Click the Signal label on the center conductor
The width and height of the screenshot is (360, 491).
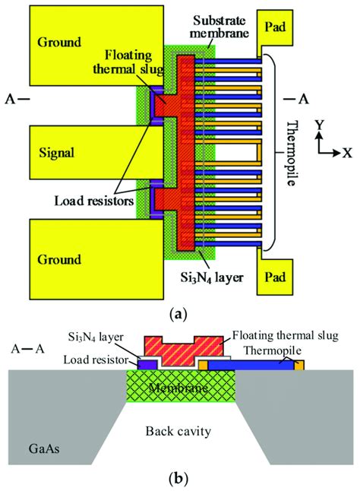point(57,153)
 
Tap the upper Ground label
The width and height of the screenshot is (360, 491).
point(59,42)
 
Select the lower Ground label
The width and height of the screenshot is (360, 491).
point(59,260)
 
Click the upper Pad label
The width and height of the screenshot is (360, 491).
point(275,27)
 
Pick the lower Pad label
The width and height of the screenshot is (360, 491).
point(275,277)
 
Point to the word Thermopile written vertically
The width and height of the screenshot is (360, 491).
point(292,154)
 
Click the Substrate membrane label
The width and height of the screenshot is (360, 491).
point(219,27)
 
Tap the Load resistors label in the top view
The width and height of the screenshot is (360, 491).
point(94,201)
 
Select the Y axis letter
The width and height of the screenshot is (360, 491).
point(319,125)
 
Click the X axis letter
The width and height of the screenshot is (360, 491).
point(347,153)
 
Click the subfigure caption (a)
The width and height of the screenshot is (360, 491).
point(178,313)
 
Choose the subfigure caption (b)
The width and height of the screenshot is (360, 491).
point(178,479)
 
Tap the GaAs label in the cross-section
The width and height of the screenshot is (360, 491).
point(44,448)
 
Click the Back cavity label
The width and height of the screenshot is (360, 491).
point(178,431)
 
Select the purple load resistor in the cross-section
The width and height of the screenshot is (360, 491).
point(147,365)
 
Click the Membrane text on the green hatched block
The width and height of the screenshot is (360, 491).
point(178,388)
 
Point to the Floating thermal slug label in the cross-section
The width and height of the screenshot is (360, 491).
point(286,336)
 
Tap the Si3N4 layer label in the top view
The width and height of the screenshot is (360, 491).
point(212,277)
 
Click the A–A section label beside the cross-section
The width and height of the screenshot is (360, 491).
point(27,349)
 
